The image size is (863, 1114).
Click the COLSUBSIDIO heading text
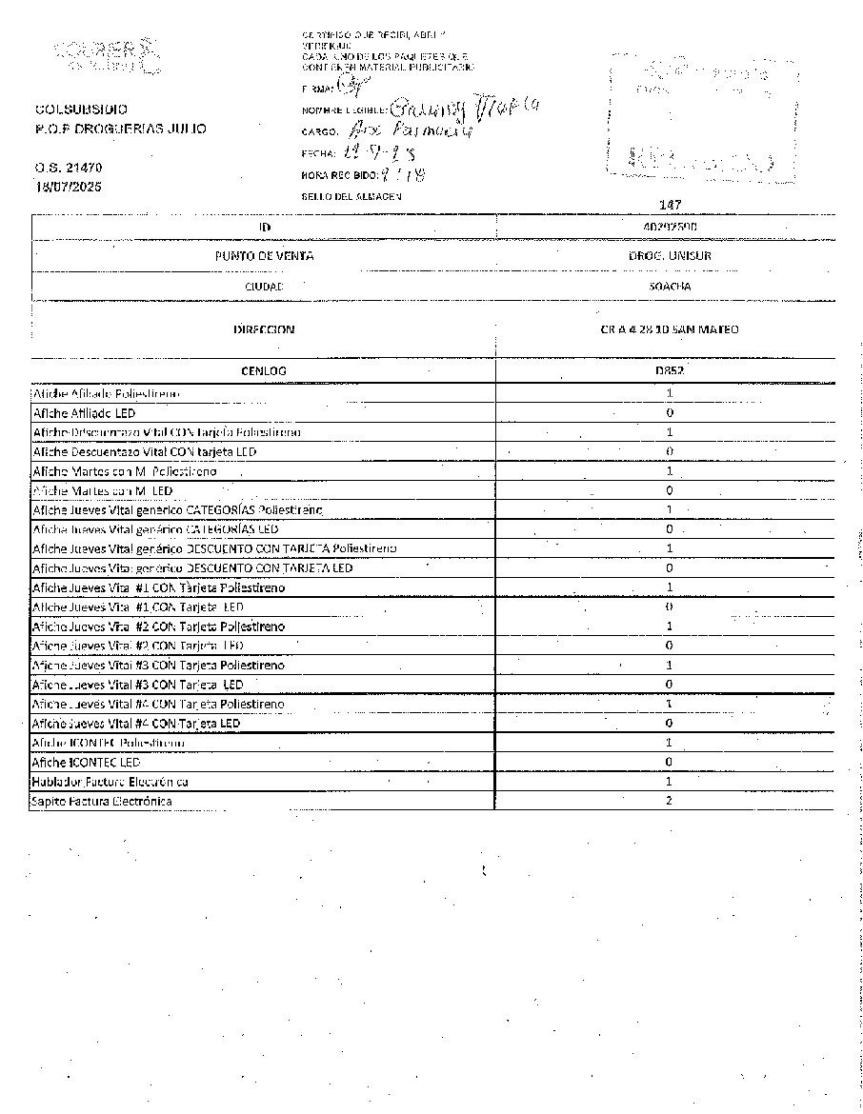point(81,109)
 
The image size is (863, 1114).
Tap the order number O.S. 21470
point(69,168)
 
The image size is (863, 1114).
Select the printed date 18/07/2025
point(69,187)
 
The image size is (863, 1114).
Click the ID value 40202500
point(670,228)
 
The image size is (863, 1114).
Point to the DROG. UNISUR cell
point(670,256)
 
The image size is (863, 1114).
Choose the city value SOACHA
point(670,286)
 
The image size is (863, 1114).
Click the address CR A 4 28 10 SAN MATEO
point(670,329)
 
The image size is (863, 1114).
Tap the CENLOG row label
point(264,370)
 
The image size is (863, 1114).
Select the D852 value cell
point(670,370)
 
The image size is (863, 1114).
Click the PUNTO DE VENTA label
point(264,256)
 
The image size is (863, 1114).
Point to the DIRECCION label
point(264,329)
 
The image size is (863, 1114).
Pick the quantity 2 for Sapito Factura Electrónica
point(670,801)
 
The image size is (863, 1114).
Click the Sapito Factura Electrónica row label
point(102,801)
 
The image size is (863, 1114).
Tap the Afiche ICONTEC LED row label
point(86,762)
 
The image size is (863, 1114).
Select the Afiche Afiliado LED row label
point(84,413)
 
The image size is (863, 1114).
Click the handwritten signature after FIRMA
point(351,88)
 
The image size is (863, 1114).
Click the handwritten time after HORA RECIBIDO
point(402,174)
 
